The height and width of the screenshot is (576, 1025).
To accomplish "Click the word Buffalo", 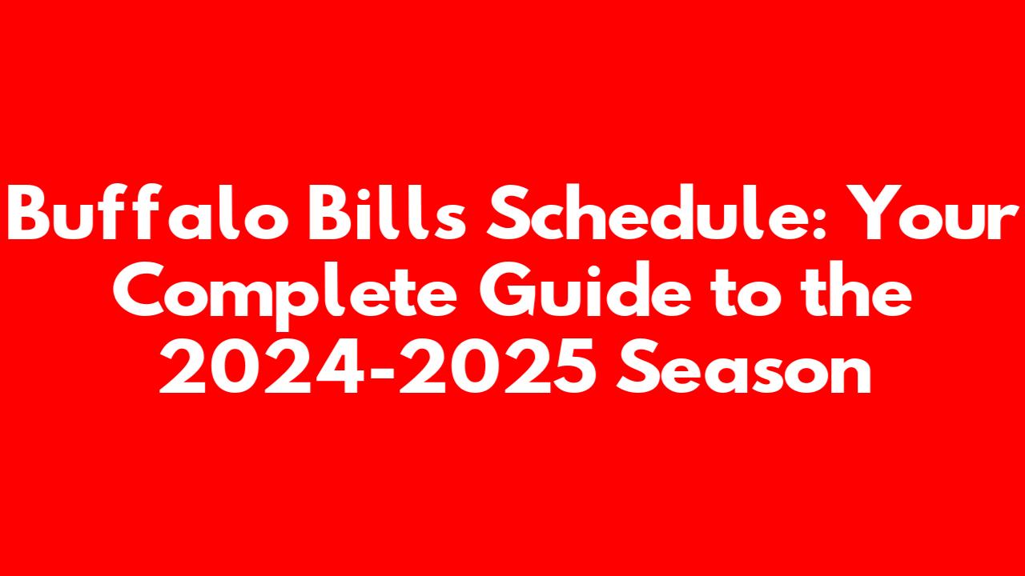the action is [x=148, y=212].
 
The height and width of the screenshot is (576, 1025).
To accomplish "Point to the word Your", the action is [x=931, y=213].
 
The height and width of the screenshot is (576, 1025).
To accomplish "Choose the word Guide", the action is [x=585, y=289].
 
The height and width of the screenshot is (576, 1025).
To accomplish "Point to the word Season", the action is [x=744, y=366].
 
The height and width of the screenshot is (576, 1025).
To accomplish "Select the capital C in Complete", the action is [x=139, y=290].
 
